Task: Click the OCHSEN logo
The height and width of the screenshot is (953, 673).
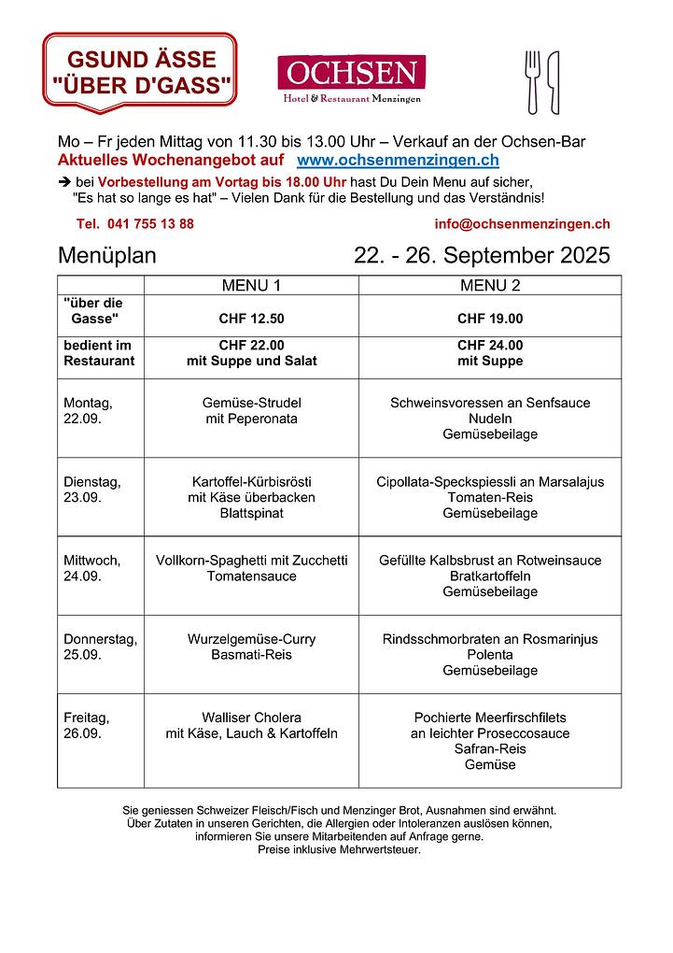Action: coord(351,78)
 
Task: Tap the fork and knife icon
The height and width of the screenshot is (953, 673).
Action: coord(541,82)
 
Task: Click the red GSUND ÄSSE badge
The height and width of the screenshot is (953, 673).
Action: coord(140,73)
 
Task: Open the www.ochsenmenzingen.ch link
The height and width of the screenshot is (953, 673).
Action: coord(397,161)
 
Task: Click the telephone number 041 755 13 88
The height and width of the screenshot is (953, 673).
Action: coord(135,224)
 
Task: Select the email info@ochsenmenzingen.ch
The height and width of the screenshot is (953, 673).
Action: coord(522,224)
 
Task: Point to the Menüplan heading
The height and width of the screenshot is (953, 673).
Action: coord(107,256)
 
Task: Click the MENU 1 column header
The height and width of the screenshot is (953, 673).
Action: coord(251,285)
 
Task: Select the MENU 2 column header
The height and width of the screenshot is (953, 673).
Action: coord(490,285)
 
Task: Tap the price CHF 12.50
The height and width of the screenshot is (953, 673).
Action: coord(251,319)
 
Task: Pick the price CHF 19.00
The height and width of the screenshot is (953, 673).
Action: coord(490,319)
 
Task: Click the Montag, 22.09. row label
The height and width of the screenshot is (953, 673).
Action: coord(88,411)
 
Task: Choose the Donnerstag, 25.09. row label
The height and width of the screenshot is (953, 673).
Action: coord(100,647)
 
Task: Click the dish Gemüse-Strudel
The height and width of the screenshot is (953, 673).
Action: coord(251,404)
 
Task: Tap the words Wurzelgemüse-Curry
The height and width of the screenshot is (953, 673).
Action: coord(251,640)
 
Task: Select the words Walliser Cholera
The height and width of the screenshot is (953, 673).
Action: coord(251,718)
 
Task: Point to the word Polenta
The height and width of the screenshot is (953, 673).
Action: coord(490,655)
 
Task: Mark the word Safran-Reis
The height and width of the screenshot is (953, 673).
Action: coord(490,749)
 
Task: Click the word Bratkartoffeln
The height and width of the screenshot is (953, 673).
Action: coord(490,576)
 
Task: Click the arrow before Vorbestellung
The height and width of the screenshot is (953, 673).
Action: coord(64,182)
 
